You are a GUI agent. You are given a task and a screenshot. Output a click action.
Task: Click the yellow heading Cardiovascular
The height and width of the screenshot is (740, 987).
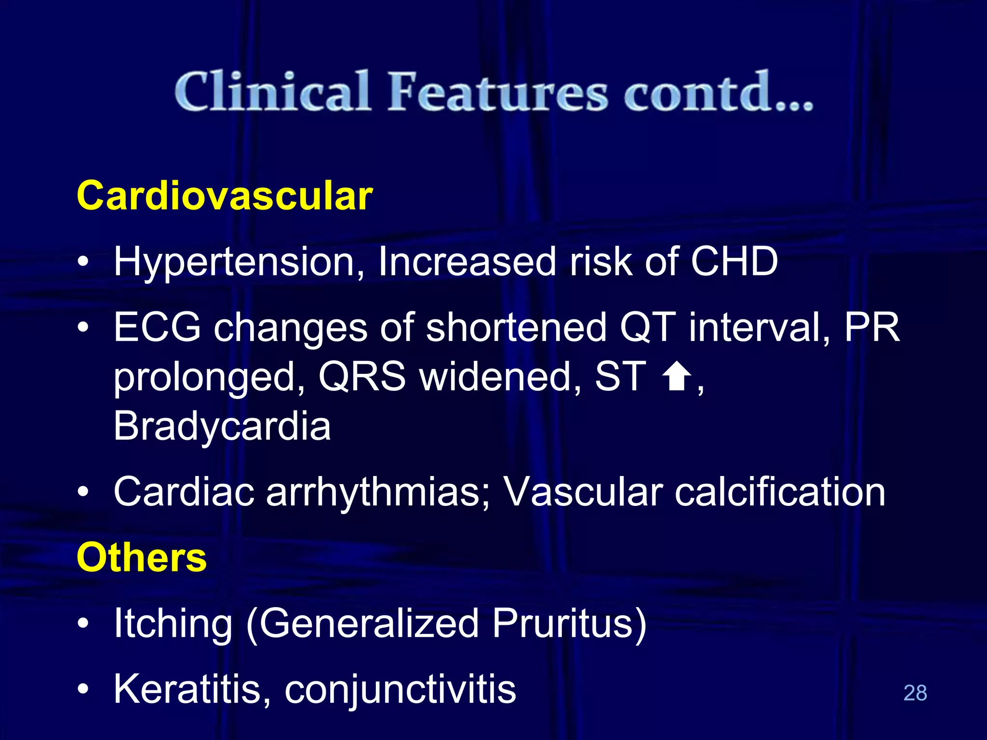click(225, 196)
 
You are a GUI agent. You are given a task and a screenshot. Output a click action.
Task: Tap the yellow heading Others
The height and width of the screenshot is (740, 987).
click(142, 557)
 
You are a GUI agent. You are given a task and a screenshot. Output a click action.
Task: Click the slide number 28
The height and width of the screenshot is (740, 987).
click(915, 693)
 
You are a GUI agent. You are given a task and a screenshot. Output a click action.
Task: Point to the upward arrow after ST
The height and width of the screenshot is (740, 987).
click(677, 377)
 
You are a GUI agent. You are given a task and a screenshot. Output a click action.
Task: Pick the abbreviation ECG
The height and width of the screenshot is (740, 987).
click(157, 327)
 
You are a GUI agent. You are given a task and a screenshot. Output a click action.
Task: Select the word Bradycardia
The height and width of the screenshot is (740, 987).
click(222, 426)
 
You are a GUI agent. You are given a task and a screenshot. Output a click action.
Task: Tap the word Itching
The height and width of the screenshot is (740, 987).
click(173, 624)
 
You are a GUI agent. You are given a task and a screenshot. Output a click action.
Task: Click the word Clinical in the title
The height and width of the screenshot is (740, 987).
click(272, 92)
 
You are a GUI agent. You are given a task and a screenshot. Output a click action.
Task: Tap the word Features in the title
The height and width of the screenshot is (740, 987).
click(498, 92)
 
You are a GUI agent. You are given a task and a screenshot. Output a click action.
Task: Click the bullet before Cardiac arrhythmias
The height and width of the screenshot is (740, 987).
click(83, 492)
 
